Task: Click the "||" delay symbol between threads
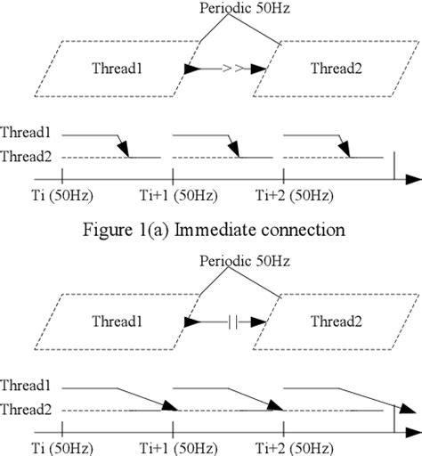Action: point(232,319)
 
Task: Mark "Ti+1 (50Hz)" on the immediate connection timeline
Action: point(174,194)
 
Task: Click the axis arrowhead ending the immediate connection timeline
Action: point(413,179)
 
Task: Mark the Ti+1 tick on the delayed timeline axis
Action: point(173,429)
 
